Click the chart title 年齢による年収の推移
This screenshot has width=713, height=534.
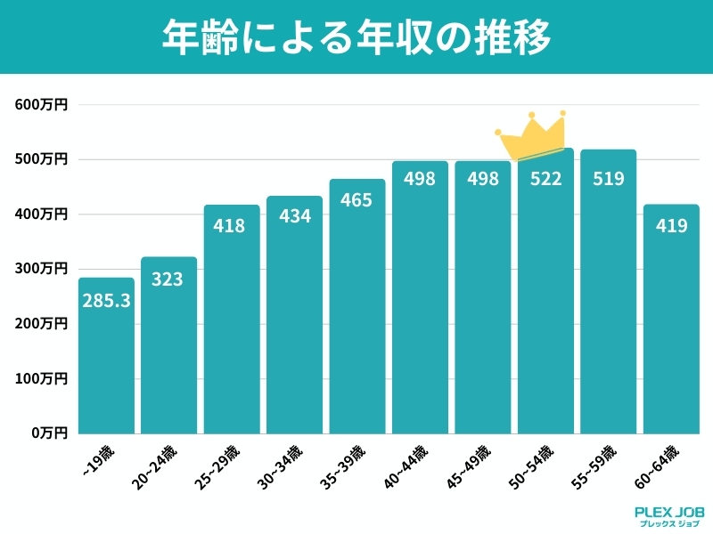coord(356,37)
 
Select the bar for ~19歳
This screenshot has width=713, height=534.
coord(107,356)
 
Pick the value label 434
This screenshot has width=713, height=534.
coord(294,216)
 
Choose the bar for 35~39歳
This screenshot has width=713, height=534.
coord(357,311)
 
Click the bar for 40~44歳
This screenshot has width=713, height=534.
coord(420,303)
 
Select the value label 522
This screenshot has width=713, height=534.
coord(545,179)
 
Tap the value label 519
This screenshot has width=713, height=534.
coord(609,179)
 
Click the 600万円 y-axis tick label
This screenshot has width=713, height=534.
coord(41,105)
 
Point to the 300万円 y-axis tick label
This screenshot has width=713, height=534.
coord(41,269)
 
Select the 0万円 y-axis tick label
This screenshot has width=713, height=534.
coord(47,433)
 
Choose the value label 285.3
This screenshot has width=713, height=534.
coord(107,302)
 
